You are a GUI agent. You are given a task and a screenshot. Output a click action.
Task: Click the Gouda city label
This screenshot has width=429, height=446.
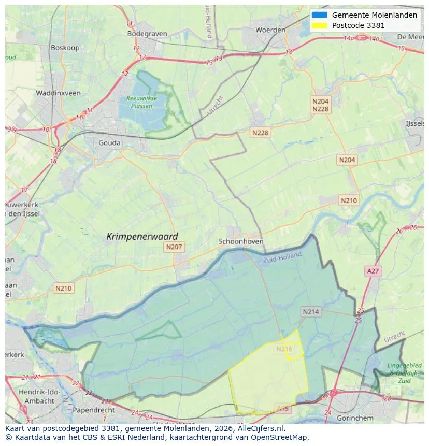coord(109,143)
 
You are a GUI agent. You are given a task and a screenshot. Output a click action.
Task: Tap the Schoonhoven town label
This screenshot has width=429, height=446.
coord(241,241)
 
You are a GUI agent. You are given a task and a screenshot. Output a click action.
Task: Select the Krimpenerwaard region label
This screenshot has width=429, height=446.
coord(142,236)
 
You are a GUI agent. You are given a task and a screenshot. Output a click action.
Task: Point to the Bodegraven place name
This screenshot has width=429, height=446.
coord(147,34)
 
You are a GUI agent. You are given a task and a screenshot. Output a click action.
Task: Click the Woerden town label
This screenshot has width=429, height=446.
coord(270,30)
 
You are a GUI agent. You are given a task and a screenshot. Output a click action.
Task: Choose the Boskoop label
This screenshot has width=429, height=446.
coord(65,48)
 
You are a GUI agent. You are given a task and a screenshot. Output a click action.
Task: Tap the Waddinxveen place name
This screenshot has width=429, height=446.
coord(58,93)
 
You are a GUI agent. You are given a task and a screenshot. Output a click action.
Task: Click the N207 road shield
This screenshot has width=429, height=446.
coord(174,247)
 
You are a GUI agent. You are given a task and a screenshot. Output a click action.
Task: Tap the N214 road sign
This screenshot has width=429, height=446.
coord(311,311)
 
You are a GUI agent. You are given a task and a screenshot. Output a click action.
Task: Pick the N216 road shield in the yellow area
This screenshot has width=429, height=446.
coord(284,349)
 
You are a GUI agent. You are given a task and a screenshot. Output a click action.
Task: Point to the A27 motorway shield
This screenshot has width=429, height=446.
coord(373,271)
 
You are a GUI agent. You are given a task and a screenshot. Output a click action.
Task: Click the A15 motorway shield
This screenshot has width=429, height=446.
coord(282,409)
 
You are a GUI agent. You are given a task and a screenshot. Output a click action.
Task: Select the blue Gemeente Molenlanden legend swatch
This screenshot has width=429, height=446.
coord(319,15)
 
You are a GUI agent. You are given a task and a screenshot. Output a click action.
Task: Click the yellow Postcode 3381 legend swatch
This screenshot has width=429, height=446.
coord(319,25)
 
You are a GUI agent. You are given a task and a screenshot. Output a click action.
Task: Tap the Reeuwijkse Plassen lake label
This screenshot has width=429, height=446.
coord(139,102)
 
